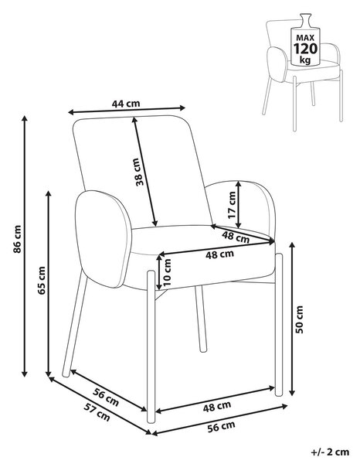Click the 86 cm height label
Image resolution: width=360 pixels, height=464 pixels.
18,239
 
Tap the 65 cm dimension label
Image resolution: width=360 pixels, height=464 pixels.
42,280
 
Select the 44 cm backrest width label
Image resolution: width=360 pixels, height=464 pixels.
126,104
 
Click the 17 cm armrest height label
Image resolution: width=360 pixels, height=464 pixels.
232,205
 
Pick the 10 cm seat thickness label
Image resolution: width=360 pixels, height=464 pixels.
167,272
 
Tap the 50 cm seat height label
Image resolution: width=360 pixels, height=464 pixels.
300,319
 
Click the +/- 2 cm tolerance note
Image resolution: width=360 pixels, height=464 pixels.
330,452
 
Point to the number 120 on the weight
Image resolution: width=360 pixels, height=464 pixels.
305,49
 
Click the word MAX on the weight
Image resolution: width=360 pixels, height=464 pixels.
305,38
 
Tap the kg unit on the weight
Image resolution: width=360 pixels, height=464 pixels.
305,60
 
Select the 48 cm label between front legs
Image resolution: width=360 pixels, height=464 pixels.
216,407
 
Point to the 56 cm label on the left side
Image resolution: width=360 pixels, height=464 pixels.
106,397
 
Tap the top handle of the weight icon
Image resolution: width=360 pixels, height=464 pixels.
306,16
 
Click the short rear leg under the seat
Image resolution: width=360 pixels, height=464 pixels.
200,319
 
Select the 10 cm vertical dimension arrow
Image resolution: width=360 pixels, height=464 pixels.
159,271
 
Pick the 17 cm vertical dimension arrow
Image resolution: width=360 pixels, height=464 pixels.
239,204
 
